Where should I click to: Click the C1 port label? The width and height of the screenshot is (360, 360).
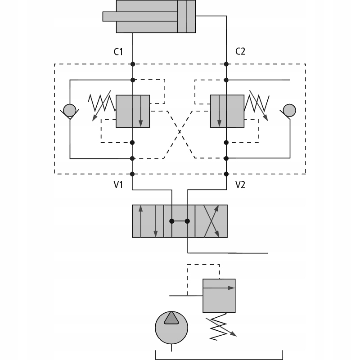point(118,52)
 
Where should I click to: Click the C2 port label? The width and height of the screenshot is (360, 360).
point(240,51)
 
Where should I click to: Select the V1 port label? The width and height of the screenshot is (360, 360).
point(118,184)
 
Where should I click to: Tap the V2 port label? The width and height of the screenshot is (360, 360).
point(240,184)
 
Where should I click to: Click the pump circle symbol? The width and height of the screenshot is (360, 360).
point(171,328)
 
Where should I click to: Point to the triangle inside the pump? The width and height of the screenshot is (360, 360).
point(171,318)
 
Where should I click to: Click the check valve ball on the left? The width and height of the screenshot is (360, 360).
point(70,110)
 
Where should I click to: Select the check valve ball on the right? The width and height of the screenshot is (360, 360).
point(289,110)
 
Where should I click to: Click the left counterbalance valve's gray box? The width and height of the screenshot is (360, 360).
point(133,111)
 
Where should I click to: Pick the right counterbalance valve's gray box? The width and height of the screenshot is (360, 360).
point(227,111)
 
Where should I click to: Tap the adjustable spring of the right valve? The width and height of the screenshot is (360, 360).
point(257,104)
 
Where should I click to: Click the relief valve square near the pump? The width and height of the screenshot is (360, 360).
point(219,296)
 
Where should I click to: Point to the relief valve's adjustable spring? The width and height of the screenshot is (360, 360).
point(220,327)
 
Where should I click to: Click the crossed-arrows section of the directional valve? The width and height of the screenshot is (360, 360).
point(211,221)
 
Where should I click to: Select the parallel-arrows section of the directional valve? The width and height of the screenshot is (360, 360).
point(148,221)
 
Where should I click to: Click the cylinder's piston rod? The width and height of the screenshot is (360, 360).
point(140,17)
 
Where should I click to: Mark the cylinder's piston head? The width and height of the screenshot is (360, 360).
point(182,17)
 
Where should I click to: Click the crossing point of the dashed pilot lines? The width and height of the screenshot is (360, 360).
point(180,132)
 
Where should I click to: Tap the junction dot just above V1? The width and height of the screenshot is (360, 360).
point(132,174)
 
